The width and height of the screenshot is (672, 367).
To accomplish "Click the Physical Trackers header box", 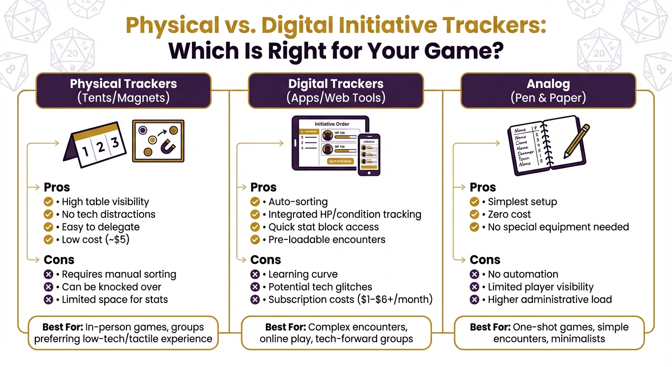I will click(123, 90).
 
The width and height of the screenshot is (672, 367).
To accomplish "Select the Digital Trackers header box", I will click(336, 90).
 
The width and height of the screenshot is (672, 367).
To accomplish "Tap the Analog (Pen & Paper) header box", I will click(548, 90).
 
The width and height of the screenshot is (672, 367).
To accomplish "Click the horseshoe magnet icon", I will click(168, 147).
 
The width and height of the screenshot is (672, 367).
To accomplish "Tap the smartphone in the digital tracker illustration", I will click(368, 154).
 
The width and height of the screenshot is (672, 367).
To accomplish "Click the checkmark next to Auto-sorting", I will click(255, 202).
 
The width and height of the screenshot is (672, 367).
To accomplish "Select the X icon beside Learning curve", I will click(255, 274).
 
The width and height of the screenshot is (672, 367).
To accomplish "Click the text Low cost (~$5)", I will click(95, 239).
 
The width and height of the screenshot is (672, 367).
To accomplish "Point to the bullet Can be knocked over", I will click(112, 287).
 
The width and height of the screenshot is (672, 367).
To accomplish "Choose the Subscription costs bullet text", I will click(350, 300).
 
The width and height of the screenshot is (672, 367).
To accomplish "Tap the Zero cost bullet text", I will click(509, 214).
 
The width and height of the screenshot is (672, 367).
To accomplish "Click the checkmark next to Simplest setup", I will click(474, 202).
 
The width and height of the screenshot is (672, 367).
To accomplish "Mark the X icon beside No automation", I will click(474, 274).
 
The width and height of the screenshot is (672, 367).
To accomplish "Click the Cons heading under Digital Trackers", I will click(265, 259).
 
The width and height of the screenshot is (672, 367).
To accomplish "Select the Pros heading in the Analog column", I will click(483, 187).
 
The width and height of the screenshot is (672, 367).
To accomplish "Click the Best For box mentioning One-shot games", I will click(549, 333).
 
